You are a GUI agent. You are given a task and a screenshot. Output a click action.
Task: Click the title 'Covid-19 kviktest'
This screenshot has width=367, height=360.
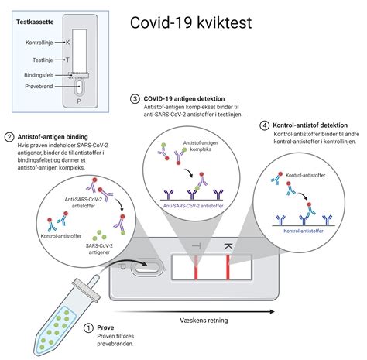tap(190, 22)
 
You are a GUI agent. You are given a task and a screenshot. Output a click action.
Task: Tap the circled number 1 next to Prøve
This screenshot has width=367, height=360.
tap(88, 328)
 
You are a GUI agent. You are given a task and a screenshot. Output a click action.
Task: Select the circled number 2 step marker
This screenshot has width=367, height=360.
tap(9, 137)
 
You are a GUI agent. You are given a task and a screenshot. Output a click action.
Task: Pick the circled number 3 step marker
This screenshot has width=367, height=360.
tap(135, 99)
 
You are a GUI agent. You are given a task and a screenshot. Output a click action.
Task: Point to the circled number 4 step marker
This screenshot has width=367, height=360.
tap(264, 125)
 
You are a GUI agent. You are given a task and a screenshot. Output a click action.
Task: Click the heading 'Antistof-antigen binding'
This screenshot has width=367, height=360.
tap(53, 137)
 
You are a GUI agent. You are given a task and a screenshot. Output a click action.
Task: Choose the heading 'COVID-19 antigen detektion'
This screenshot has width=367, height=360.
tap(184, 98)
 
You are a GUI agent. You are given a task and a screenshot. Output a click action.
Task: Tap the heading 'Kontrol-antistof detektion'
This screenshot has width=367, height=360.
tap(310, 125)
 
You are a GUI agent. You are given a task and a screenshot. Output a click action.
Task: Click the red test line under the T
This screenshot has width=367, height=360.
tap(196, 267)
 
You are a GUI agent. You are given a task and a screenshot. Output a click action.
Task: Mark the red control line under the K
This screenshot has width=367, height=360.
tap(228, 267)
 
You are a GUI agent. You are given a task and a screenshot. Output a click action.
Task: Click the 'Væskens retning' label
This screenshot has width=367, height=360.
tap(204, 321)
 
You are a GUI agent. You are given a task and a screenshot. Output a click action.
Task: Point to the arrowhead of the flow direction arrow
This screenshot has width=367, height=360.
tap(272, 312)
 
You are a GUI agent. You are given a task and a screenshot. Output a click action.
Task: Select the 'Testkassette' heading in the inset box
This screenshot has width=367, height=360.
tap(35, 22)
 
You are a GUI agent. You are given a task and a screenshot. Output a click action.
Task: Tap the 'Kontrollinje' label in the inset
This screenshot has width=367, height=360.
tap(39, 43)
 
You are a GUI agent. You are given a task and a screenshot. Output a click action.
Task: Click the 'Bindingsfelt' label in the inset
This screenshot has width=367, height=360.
tap(39, 75)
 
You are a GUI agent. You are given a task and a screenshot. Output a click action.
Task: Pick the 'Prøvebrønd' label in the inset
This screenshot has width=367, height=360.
tap(39, 87)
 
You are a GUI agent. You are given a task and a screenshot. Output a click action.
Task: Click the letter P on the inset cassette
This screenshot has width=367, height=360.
tap(79, 101)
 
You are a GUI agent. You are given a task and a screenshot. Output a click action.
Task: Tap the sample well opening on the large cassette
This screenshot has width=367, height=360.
tap(147, 268)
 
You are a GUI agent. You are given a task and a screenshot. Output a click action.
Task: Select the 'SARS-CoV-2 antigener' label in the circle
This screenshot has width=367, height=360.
tap(99, 249)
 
